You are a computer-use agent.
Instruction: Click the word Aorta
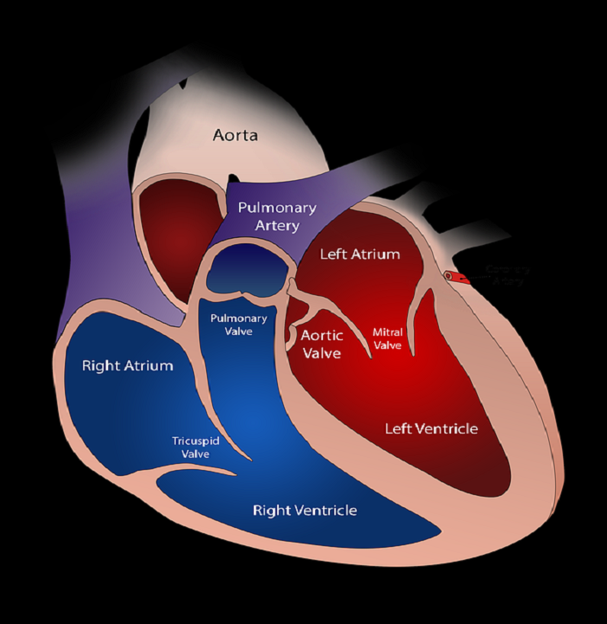pyautogui.click(x=236, y=135)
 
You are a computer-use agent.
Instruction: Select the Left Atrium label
pyautogui.click(x=359, y=254)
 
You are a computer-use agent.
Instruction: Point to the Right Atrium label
pyautogui.click(x=127, y=365)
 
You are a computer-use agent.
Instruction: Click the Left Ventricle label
pyautogui.click(x=431, y=428)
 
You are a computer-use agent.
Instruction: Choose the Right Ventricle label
pyautogui.click(x=305, y=510)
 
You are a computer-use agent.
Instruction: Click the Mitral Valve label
pyautogui.click(x=387, y=338)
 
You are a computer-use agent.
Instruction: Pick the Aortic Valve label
pyautogui.click(x=321, y=344)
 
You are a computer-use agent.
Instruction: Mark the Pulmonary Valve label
pyautogui.click(x=239, y=325)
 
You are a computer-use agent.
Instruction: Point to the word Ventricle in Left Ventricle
pyautogui.click(x=448, y=428)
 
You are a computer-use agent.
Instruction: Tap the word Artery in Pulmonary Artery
pyautogui.click(x=277, y=226)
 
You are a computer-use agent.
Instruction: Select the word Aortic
pyautogui.click(x=321, y=336)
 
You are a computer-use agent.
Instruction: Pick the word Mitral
pyautogui.click(x=387, y=331)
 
